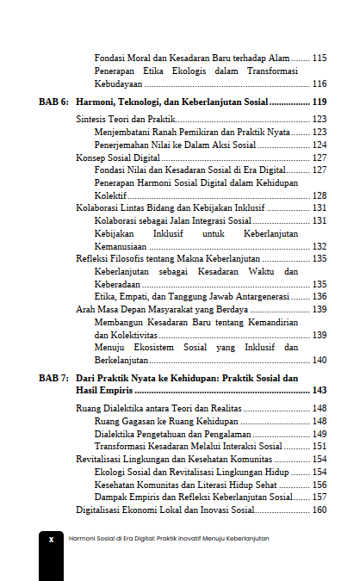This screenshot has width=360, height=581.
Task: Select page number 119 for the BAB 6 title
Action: [x=319, y=102]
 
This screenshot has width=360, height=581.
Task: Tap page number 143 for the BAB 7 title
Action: [x=319, y=390]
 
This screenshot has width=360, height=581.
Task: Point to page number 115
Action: [x=320, y=58]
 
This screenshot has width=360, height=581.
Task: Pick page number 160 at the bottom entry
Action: [x=320, y=510]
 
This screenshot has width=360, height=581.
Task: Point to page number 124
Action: [x=320, y=145]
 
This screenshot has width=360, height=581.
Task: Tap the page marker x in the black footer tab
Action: [x=51, y=539]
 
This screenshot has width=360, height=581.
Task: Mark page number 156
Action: [x=320, y=485]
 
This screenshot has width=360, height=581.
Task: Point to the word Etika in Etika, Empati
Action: [x=106, y=296]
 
